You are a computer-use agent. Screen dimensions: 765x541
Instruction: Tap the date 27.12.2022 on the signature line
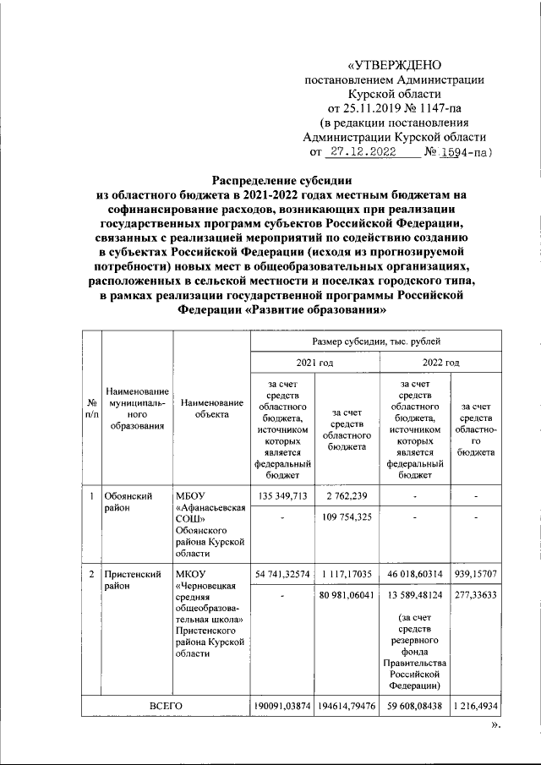(x=369, y=152)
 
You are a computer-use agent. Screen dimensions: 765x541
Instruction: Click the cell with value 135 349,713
(x=282, y=496)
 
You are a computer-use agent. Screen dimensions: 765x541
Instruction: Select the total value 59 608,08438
(x=413, y=705)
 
